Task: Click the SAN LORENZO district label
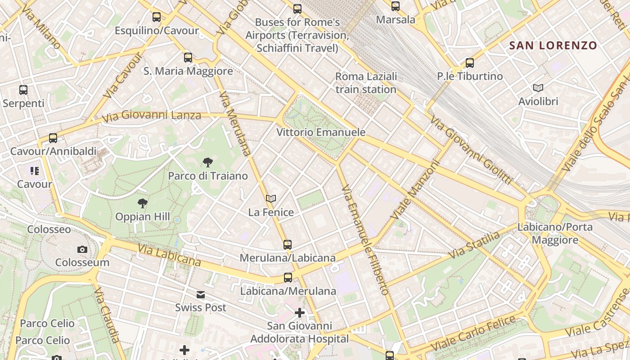553,45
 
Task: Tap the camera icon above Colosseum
82,249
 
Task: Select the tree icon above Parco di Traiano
207,162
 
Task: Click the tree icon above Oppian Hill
143,203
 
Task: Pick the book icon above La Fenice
270,198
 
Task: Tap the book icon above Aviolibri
538,88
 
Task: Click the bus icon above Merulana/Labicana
288,245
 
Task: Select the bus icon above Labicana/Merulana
288,278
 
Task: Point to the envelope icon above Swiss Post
201,295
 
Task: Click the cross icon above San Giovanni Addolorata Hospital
300,312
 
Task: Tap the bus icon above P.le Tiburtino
470,63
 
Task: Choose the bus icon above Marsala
396,6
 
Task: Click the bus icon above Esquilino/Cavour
157,17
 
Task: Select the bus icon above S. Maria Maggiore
188,58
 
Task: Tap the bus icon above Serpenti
23,90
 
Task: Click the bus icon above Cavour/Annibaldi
53,138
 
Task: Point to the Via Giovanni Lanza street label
151,116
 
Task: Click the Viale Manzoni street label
414,190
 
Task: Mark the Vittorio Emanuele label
321,132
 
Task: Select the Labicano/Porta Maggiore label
555,234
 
